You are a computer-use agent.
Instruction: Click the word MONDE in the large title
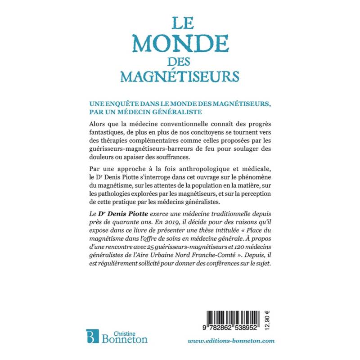coord(180,44)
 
